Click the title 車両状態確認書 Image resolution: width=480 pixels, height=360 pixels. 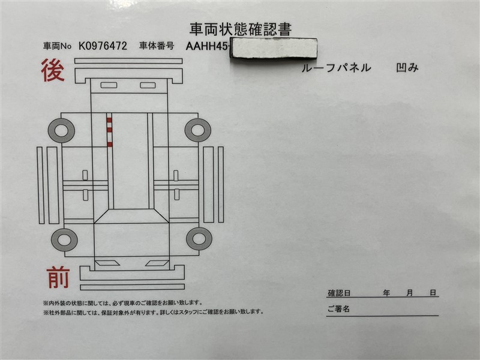pyautogui.click(x=241, y=29)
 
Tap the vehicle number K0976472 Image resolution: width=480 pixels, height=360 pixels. pyautogui.click(x=103, y=46)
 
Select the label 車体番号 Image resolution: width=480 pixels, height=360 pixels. pyautogui.click(x=157, y=46)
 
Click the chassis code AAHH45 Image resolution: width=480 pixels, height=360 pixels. pyautogui.click(x=206, y=46)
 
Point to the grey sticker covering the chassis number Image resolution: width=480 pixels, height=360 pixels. pyautogui.click(x=274, y=48)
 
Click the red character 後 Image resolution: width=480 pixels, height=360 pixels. pyautogui.click(x=53, y=70)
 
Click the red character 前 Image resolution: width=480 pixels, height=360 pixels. pyautogui.click(x=58, y=277)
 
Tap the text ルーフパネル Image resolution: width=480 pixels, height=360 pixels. pyautogui.click(x=336, y=68)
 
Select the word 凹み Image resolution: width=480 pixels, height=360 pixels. pyautogui.click(x=407, y=68)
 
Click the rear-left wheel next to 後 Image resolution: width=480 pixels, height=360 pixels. pyautogui.click(x=62, y=131)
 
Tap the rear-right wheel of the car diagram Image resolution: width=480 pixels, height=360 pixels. pyautogui.click(x=198, y=130)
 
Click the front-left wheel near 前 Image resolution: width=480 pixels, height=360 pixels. pyautogui.click(x=64, y=240)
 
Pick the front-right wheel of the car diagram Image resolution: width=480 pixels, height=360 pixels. pyautogui.click(x=199, y=239)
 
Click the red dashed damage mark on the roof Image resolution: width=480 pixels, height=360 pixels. pyautogui.click(x=109, y=130)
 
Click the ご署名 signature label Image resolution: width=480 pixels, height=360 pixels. pyautogui.click(x=338, y=309)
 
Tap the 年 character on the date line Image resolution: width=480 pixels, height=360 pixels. pyautogui.click(x=386, y=293)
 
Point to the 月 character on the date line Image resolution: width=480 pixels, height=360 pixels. pyautogui.click(x=410, y=293)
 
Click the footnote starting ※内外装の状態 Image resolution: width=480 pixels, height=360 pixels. pyautogui.click(x=123, y=303)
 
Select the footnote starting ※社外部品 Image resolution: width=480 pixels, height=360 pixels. pyautogui.click(x=154, y=312)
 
